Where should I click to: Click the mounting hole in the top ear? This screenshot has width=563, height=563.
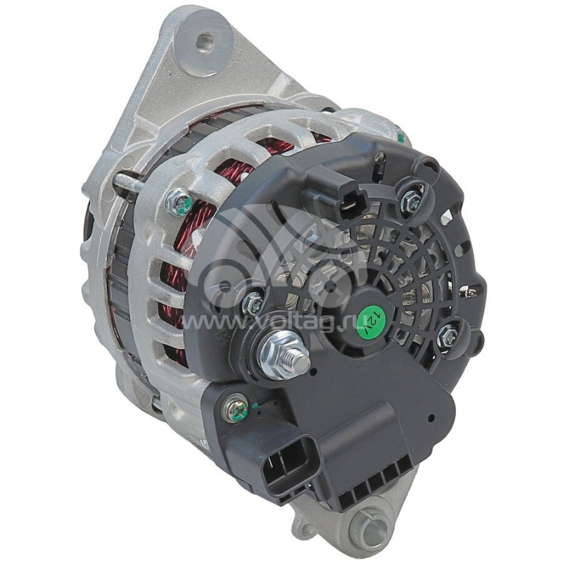coord(204,42)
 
